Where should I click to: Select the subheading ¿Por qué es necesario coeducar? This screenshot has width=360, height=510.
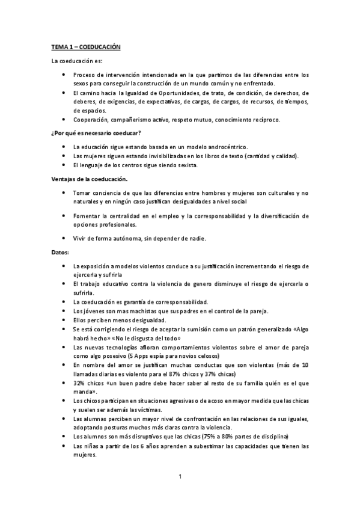pyautogui.click(x=96, y=132)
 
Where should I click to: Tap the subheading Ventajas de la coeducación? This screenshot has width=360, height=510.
pyautogui.click(x=88, y=178)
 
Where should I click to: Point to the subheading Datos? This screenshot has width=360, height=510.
pyautogui.click(x=60, y=252)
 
